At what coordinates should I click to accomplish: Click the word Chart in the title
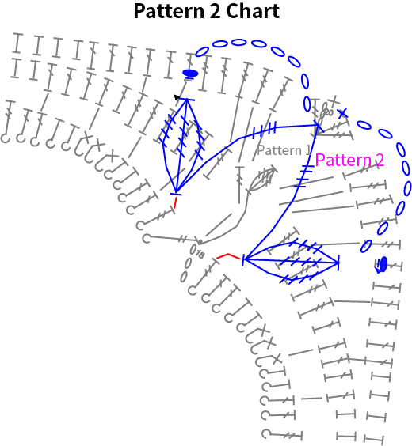point(253,11)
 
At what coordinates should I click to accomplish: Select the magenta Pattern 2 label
point(349,160)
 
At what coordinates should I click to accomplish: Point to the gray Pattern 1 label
point(284,150)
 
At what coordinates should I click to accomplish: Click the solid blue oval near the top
point(190,73)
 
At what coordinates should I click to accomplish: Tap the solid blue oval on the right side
point(383,264)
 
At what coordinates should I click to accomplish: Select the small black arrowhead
point(177,97)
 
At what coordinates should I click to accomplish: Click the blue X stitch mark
point(343,113)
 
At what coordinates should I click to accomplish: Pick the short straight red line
point(176,202)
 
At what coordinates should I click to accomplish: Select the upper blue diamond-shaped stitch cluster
point(181,145)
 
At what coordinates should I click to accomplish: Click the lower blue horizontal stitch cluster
point(291,261)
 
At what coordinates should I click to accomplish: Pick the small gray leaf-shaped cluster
point(262,180)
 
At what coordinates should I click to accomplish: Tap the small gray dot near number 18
point(200,242)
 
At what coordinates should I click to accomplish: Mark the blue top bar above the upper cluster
point(186,100)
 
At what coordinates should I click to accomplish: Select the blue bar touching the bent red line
point(243,259)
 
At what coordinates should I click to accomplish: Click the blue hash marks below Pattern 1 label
point(304,176)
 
